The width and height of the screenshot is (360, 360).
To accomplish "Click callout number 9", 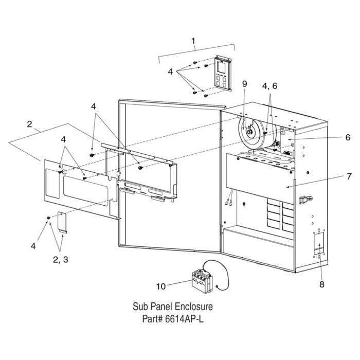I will [245, 83].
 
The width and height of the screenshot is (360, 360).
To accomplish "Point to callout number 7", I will [349, 176].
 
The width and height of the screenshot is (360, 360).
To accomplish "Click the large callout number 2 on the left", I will [30, 124].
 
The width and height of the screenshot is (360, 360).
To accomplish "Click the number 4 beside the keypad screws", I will [170, 72].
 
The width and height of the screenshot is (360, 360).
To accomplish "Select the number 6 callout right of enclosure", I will [348, 137].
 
